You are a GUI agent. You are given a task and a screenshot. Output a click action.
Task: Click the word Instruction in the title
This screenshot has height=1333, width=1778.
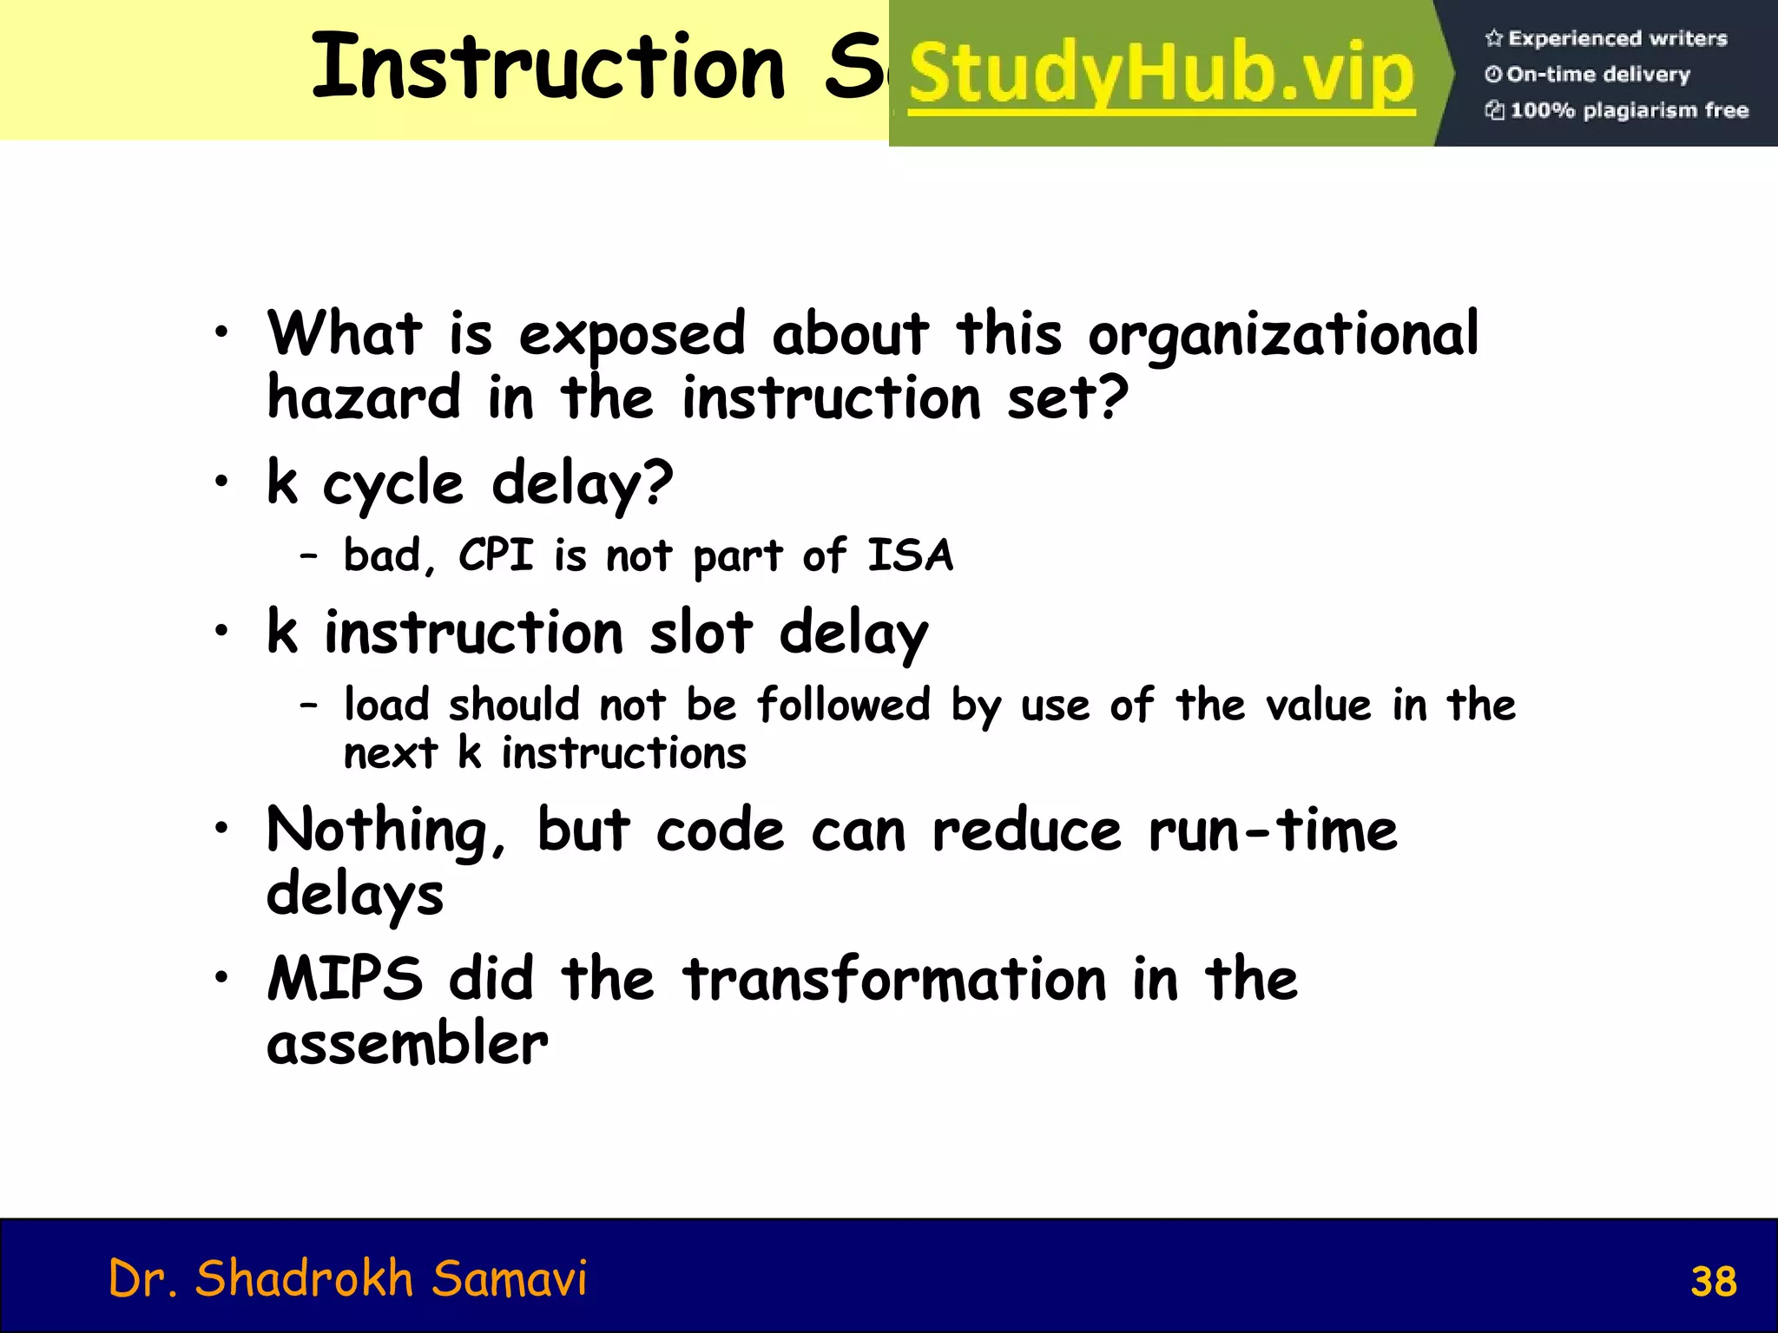[x=547, y=68]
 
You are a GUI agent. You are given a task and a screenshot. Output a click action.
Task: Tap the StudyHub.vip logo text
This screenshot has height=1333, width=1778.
[x=1162, y=75]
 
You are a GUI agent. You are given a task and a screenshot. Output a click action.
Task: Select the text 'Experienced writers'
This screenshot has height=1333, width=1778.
[x=1617, y=38]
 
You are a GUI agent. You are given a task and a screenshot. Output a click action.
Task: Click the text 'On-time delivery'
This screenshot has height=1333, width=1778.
[x=1597, y=75]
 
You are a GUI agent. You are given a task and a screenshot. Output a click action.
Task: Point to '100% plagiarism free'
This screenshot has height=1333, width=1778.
[x=1629, y=110]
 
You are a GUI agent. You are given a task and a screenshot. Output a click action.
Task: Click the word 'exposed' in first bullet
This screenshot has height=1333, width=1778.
[x=631, y=334]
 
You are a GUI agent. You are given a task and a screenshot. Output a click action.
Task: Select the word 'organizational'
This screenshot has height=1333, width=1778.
[x=1282, y=334]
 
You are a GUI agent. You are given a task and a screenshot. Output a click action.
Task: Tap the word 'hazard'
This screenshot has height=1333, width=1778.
[x=363, y=397]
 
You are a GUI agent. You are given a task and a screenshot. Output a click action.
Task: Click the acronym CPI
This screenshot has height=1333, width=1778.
[x=495, y=555]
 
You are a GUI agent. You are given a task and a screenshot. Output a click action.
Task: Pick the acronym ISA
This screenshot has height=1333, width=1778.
[x=910, y=555]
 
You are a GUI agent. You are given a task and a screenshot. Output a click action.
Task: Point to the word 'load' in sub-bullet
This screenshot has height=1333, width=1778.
[x=386, y=704]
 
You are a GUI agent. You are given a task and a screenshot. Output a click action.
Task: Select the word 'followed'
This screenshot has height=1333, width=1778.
[x=843, y=704]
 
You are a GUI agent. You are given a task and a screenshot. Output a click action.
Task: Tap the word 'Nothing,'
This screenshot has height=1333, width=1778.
[x=385, y=831]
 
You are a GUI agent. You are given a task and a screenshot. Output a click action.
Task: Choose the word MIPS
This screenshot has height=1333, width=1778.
[x=345, y=979]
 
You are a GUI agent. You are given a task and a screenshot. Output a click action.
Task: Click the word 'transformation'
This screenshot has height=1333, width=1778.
[x=894, y=979]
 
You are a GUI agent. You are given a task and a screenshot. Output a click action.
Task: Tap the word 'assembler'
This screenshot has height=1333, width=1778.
[x=406, y=1043]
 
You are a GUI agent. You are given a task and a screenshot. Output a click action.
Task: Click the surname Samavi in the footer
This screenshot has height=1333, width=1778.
[x=509, y=1278]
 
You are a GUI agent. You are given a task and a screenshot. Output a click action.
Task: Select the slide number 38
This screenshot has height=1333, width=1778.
[x=1713, y=1282]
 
